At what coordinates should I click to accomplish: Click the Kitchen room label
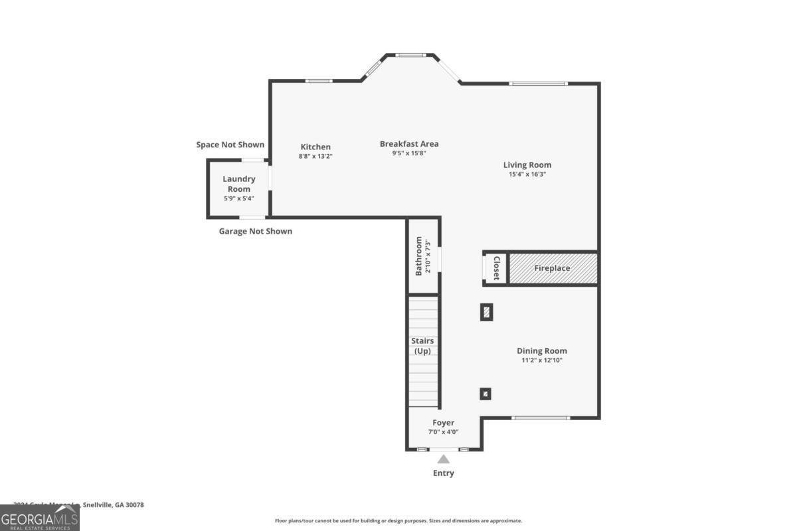pyautogui.click(x=315, y=147)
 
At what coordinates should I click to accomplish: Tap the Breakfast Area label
pyautogui.click(x=409, y=143)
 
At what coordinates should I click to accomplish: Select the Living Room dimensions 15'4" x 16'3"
pyautogui.click(x=527, y=175)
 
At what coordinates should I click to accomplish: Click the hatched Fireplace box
pyautogui.click(x=553, y=268)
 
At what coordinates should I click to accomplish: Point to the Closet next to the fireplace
pyautogui.click(x=495, y=268)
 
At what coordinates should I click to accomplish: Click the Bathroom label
pyautogui.click(x=419, y=257)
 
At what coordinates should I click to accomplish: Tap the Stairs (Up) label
pyautogui.click(x=423, y=346)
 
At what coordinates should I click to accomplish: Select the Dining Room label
pyautogui.click(x=542, y=350)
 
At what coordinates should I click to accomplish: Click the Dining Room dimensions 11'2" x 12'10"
pyautogui.click(x=542, y=360)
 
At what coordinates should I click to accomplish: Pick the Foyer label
pyautogui.click(x=443, y=422)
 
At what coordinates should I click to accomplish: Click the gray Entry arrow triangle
pyautogui.click(x=443, y=459)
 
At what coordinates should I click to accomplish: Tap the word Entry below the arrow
pyautogui.click(x=443, y=473)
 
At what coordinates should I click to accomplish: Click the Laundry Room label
pyautogui.click(x=238, y=184)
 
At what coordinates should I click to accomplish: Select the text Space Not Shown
pyautogui.click(x=230, y=145)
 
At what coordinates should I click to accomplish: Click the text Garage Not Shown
pyautogui.click(x=255, y=231)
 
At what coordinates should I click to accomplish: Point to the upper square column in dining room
pyautogui.click(x=486, y=312)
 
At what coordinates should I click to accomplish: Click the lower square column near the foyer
pyautogui.click(x=486, y=394)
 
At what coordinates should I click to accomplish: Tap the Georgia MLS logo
pyautogui.click(x=40, y=518)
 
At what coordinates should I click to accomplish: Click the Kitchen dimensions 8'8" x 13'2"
pyautogui.click(x=315, y=157)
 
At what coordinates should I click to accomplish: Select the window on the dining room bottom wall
pyautogui.click(x=541, y=417)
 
